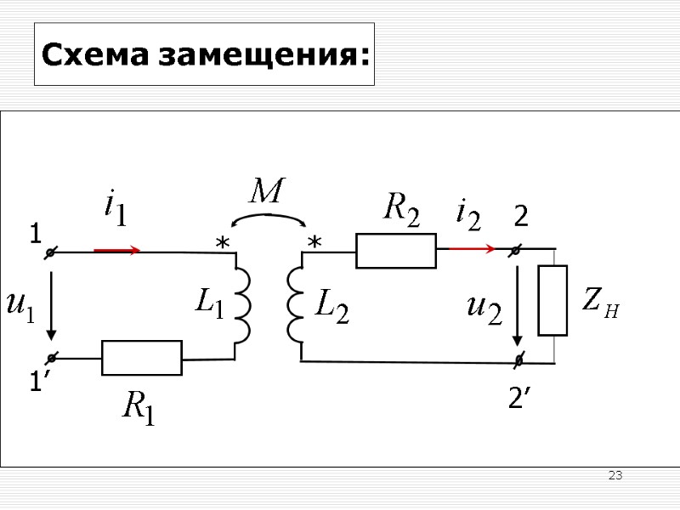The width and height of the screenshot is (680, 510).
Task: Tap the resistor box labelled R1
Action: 142,358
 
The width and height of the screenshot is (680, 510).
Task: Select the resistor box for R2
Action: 396,251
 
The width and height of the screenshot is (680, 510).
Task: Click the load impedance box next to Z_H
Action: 552,300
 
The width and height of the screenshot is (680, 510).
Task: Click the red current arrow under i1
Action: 117,251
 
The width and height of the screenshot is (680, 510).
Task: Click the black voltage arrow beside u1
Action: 51,303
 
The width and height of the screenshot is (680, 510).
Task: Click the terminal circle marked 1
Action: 50,252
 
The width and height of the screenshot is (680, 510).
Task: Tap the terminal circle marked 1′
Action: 50,358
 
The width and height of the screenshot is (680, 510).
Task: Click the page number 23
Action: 615,475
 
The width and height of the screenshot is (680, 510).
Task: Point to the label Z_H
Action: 600,302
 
